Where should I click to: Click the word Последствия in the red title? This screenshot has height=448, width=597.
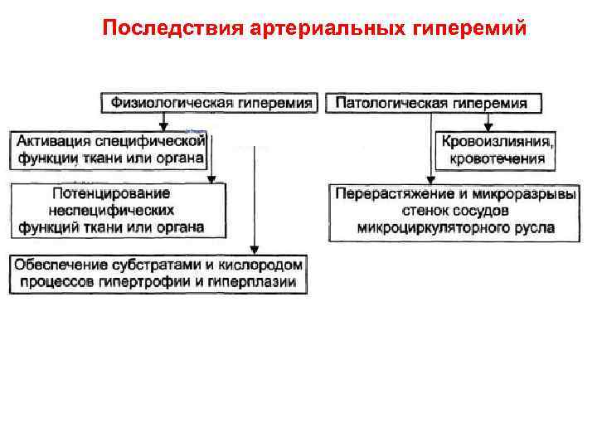click(x=169, y=29)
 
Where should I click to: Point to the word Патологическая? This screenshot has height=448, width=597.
click(x=392, y=104)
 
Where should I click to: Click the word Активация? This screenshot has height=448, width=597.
click(x=51, y=141)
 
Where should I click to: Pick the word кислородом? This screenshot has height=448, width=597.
click(x=262, y=265)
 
